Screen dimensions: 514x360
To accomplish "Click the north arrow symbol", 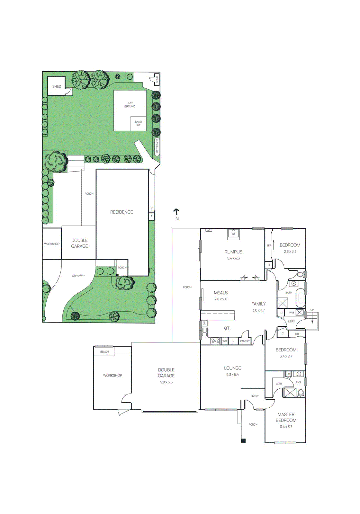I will pyautogui.click(x=176, y=211).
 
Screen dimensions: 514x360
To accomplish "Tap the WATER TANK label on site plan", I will pyautogui.click(x=157, y=146).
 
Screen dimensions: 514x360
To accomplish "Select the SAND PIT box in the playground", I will pyautogui.click(x=139, y=123).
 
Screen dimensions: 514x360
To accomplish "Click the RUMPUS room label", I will pyautogui.click(x=233, y=252).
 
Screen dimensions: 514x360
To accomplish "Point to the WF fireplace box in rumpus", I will pyautogui.click(x=233, y=233).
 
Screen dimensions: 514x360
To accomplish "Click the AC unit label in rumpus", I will pyautogui.click(x=209, y=230).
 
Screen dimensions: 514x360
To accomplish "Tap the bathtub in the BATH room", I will pyautogui.click(x=300, y=297).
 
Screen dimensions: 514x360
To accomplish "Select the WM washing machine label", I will pyautogui.click(x=291, y=313).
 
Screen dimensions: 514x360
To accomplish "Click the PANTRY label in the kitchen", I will pyautogui.click(x=245, y=341).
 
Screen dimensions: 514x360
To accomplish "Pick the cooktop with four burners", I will pyautogui.click(x=215, y=341).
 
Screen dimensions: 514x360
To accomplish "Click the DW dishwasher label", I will pyautogui.click(x=204, y=323).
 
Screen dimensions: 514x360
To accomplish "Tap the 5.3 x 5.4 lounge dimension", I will pyautogui.click(x=232, y=375).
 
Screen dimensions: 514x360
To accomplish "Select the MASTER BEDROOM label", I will pyautogui.click(x=286, y=417).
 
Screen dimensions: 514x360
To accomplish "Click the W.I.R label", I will pyautogui.click(x=279, y=384).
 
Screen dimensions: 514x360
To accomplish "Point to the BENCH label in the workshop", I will pyautogui.click(x=104, y=352).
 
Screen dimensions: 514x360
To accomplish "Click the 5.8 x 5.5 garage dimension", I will pyautogui.click(x=166, y=382).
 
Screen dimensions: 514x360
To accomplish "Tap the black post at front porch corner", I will pyautogui.click(x=243, y=441).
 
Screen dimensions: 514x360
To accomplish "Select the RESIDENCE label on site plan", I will pyautogui.click(x=122, y=212).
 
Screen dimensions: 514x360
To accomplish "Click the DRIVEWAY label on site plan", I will pyautogui.click(x=78, y=276).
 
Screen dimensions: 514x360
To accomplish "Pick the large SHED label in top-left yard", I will pyautogui.click(x=57, y=86).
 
